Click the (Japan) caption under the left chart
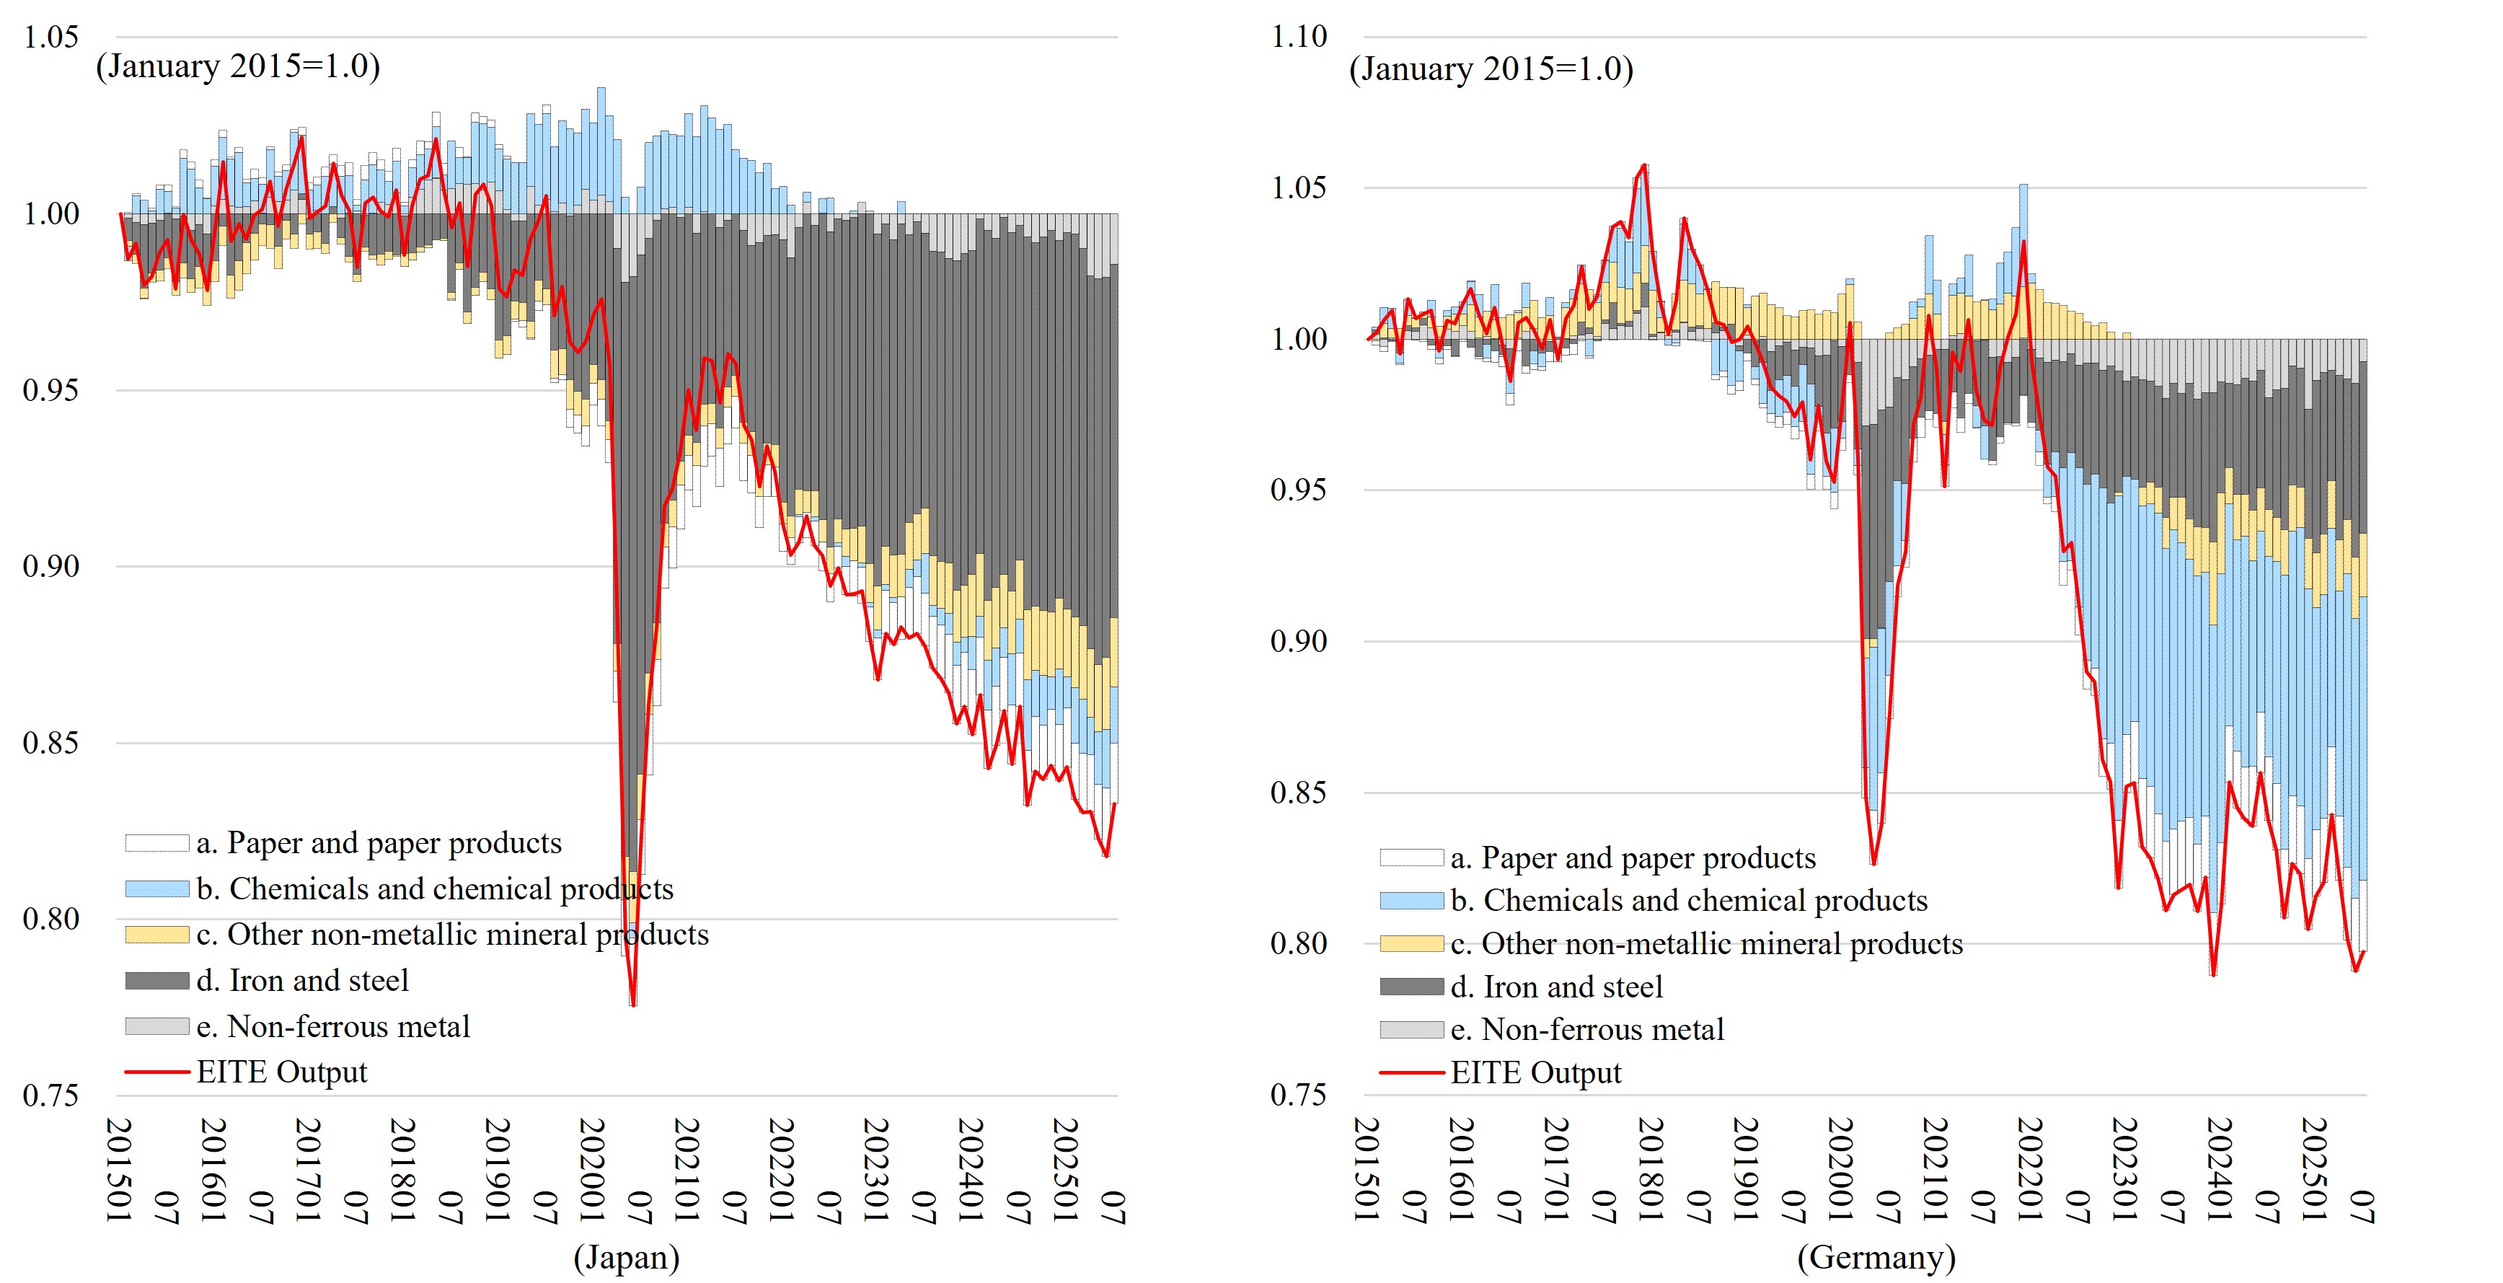tap(626, 1257)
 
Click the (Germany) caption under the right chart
tap(1876, 1257)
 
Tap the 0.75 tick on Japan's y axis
tap(50, 1095)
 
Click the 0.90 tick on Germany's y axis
tap(1299, 642)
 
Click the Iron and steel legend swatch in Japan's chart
tap(156, 981)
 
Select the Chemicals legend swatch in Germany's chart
tap(1411, 901)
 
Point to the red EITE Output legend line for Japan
tap(156, 1072)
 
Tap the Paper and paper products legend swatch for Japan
tap(156, 842)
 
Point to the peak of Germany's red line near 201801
tap(1644, 165)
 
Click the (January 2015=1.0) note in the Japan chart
tap(238, 66)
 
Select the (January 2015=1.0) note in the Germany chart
tap(1491, 69)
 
